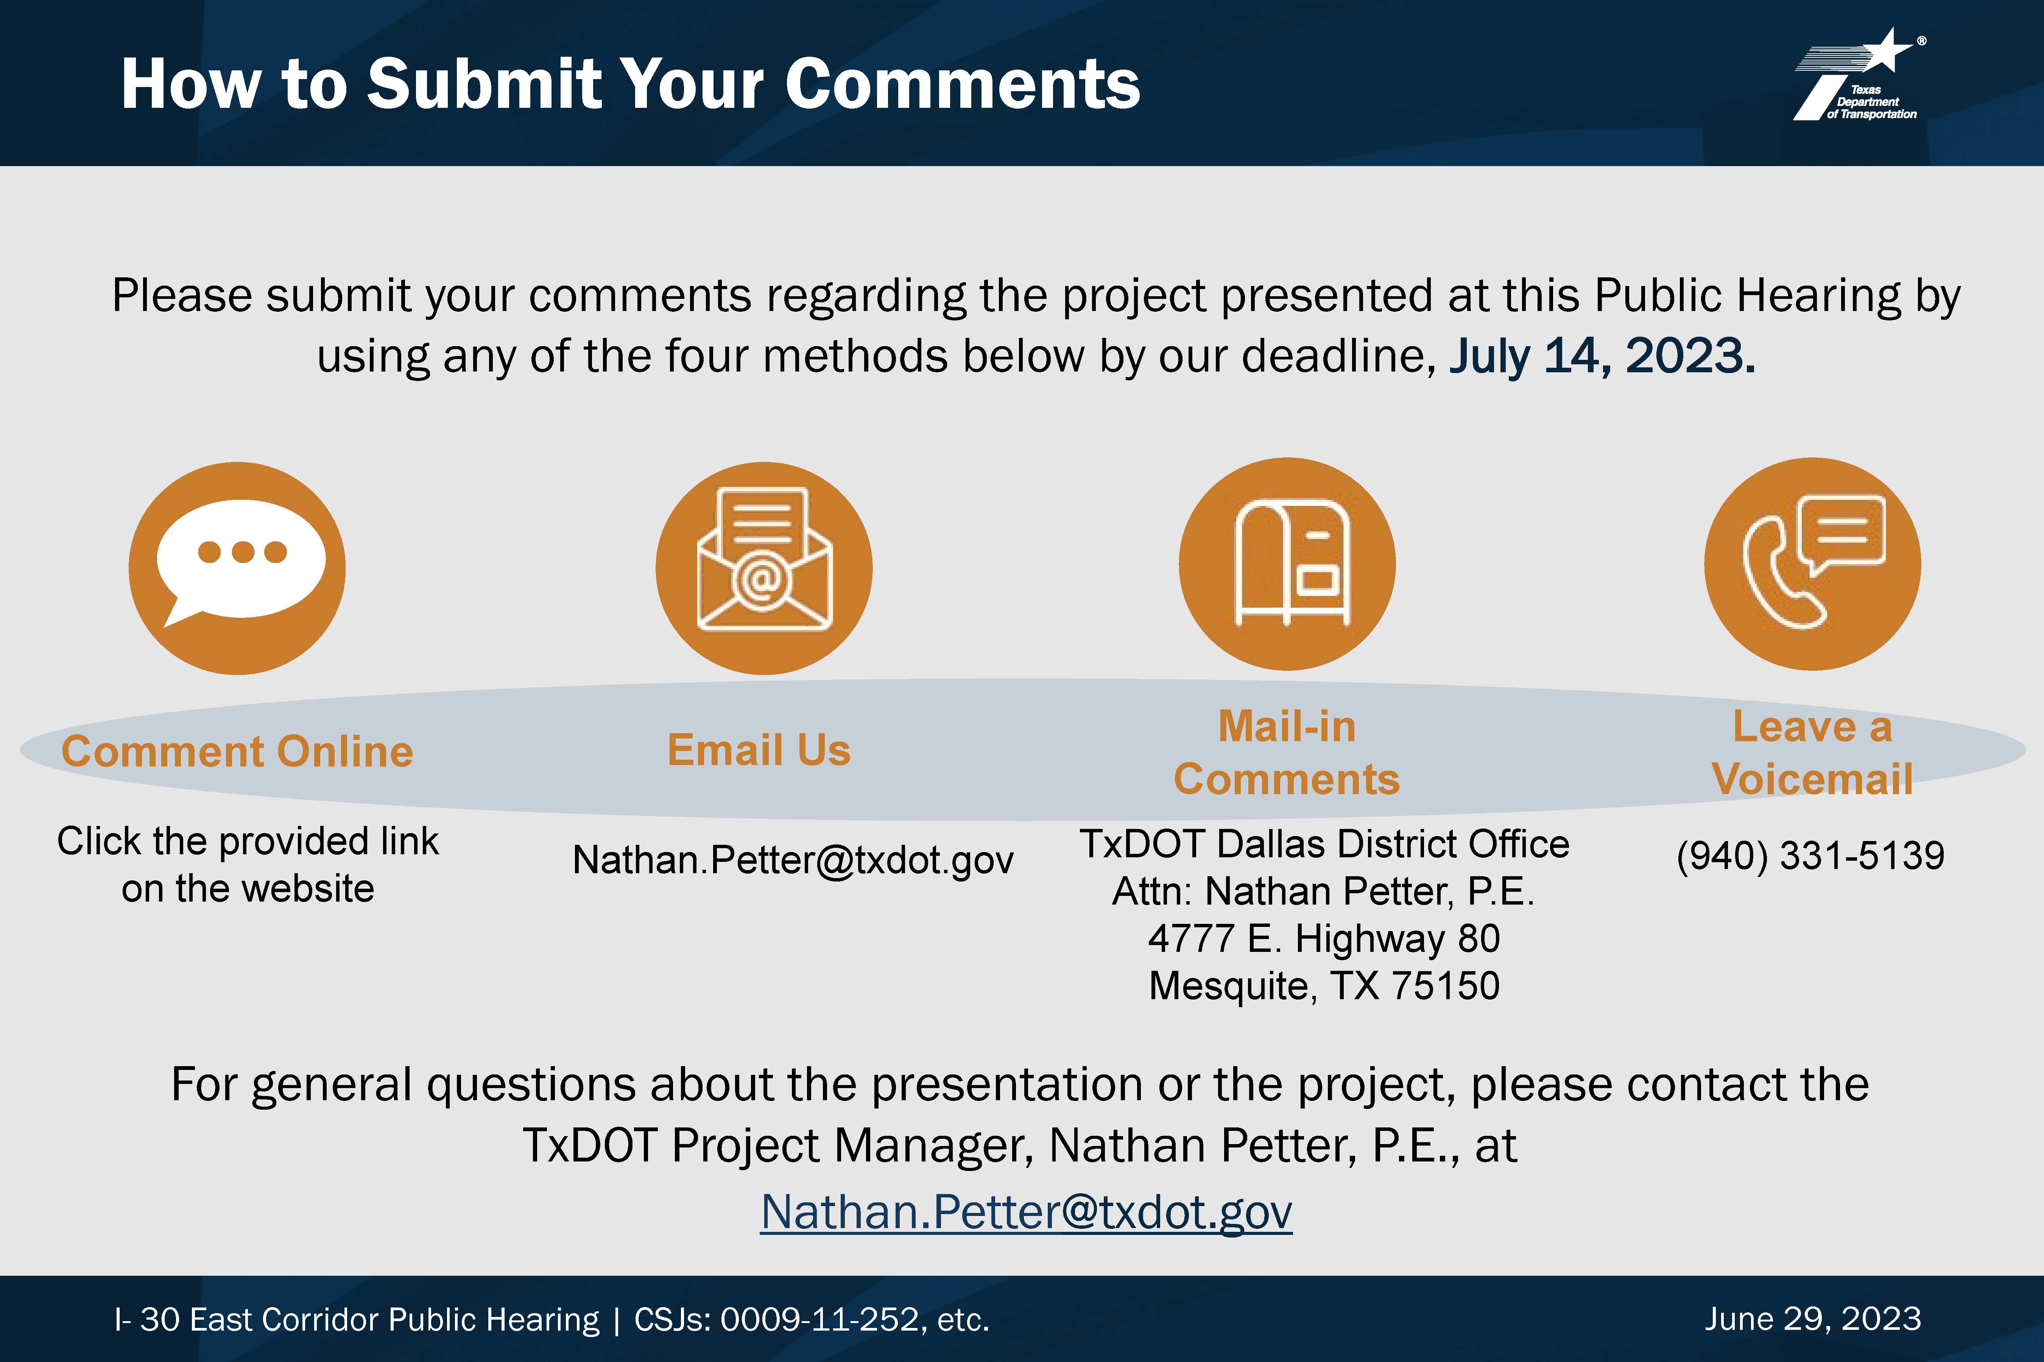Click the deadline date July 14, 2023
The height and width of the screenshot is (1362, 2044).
1602,356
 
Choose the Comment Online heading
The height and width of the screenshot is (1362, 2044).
237,751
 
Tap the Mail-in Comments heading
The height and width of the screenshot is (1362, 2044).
1287,752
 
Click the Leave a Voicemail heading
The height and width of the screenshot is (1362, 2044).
1813,752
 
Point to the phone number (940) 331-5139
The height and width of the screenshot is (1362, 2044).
1810,855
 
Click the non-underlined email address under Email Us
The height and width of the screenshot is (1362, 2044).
793,860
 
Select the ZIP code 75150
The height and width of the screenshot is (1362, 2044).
1446,986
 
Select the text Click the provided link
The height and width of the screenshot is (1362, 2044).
248,841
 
